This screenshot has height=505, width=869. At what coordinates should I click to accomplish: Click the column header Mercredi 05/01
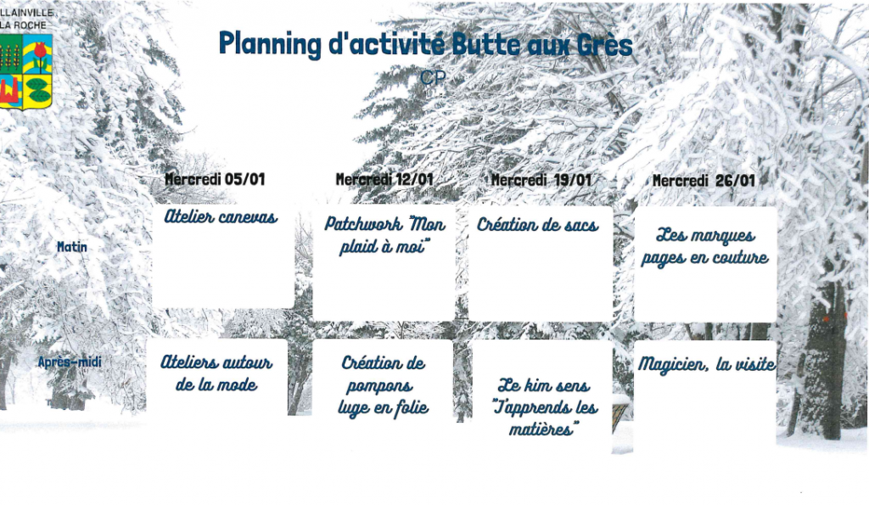(215, 179)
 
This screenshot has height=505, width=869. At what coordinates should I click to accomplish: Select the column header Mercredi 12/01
(384, 179)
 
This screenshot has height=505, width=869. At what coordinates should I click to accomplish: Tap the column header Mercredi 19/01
(541, 180)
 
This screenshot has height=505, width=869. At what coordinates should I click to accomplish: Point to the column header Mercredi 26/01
(704, 181)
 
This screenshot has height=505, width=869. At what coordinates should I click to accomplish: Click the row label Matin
(72, 247)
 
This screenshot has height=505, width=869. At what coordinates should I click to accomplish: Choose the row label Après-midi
(70, 362)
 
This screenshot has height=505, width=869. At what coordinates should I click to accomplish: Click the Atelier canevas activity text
(221, 216)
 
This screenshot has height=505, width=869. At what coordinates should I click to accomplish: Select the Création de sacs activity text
(537, 225)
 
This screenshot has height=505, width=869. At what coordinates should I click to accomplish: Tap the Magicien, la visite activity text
(707, 364)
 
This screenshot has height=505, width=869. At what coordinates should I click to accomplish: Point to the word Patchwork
(363, 223)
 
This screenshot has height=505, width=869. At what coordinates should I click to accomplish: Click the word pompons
(379, 386)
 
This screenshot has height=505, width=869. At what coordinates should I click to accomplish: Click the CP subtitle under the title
(433, 77)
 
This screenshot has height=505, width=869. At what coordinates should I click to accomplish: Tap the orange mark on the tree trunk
(826, 319)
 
